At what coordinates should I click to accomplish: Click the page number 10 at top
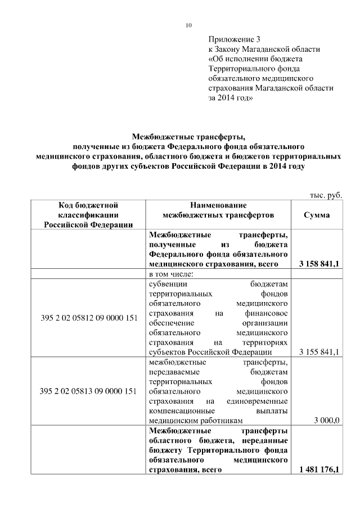pos(188,25)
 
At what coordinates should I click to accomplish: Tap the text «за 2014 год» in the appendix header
pos(231,97)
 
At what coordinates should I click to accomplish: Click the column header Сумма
pos(317,215)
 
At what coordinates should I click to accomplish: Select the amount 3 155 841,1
pos(318,352)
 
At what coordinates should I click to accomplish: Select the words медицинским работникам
pos(196,420)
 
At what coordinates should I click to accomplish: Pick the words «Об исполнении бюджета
pos(255,58)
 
